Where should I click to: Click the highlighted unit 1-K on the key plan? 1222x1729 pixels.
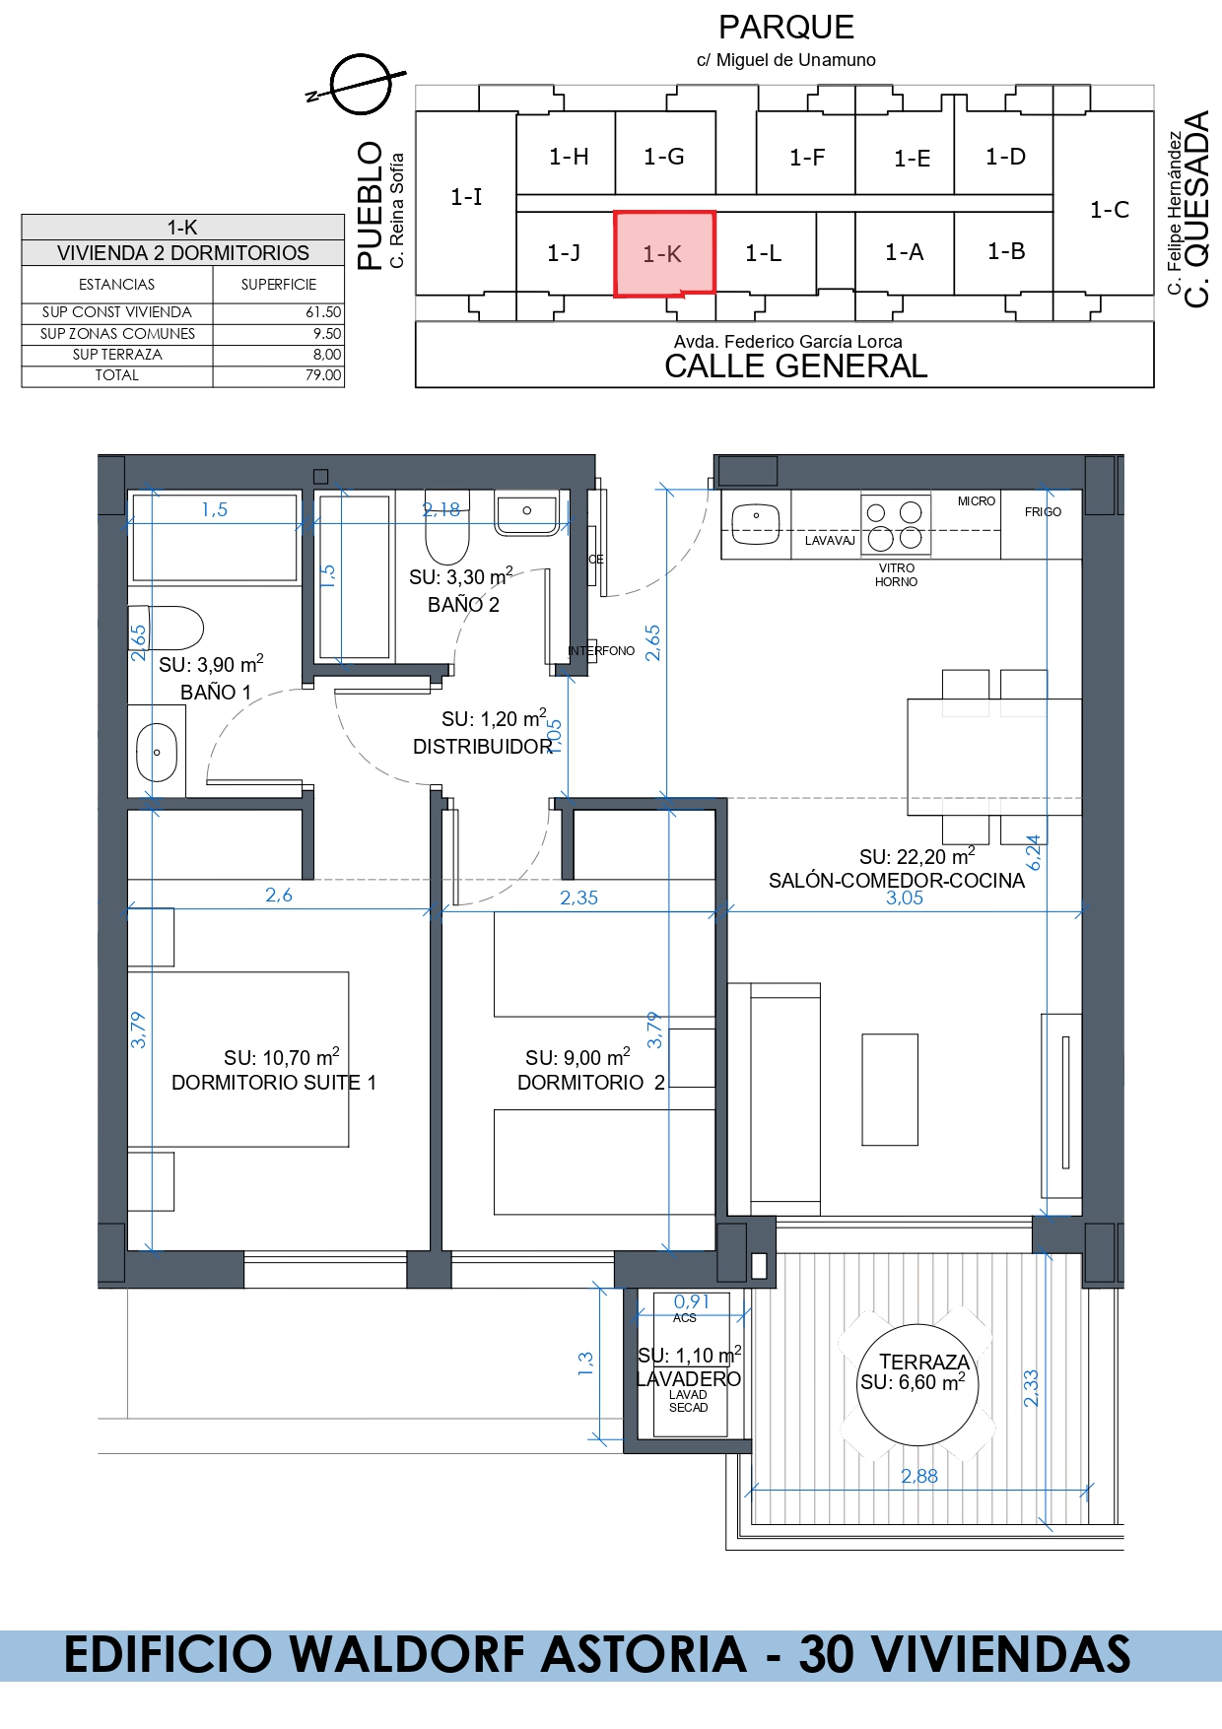point(664,253)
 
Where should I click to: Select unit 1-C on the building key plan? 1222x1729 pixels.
point(1109,210)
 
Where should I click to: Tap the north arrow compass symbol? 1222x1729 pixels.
point(360,85)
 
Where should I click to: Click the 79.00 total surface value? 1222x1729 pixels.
point(323,375)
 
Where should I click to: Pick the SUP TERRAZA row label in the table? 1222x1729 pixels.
point(117,355)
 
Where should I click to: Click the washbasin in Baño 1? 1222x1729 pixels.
point(157,753)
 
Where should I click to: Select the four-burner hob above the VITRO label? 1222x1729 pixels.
point(895,525)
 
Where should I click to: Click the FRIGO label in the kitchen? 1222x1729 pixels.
point(1043,512)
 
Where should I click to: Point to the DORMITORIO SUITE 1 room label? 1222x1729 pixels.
point(274,1083)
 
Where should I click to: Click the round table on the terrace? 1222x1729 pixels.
point(917,1385)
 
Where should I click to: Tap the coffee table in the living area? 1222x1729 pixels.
point(890,1090)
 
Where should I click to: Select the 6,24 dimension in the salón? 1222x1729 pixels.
point(1034,853)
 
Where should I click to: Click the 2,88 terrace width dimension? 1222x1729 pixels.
point(919,1476)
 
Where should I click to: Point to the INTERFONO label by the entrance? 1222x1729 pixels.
point(601,651)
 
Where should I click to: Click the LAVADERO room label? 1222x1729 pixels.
point(689,1379)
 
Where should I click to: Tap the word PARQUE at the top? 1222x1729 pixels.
point(786,27)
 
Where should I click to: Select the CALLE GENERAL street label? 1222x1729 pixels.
point(796,366)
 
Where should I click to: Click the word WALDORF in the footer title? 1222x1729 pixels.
point(518,1654)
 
